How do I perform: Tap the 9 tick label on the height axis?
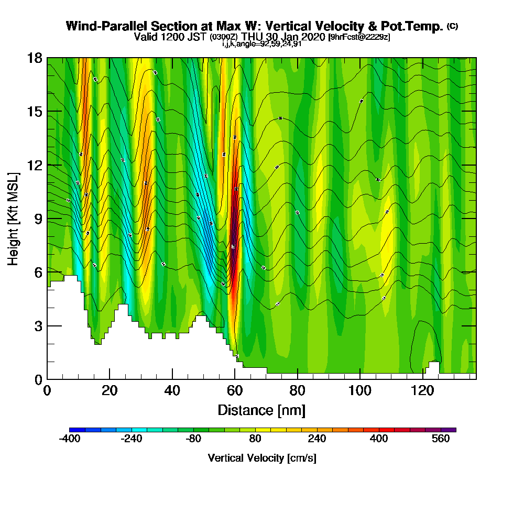pyautogui.click(x=38, y=219)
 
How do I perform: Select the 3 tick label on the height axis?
pyautogui.click(x=38, y=326)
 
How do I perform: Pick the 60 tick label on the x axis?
pyautogui.click(x=235, y=390)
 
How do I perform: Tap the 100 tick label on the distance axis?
pyautogui.click(x=360, y=390)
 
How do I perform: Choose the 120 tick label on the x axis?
pyautogui.click(x=422, y=390)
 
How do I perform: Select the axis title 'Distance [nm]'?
pyautogui.click(x=261, y=410)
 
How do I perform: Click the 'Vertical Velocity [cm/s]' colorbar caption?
pyautogui.click(x=261, y=458)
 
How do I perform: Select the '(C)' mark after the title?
pyautogui.click(x=452, y=26)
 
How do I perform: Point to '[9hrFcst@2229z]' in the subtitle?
pyautogui.click(x=359, y=37)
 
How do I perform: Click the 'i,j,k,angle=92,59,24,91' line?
pyautogui.click(x=261, y=44)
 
